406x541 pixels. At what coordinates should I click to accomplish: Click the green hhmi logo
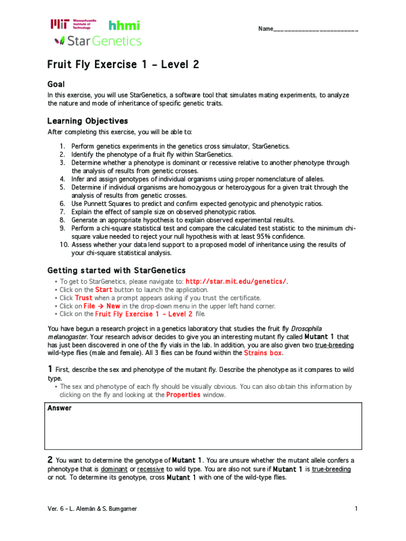tap(124, 25)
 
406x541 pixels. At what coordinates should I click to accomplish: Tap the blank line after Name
tap(316, 29)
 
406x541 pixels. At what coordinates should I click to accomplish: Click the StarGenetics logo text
tap(98, 41)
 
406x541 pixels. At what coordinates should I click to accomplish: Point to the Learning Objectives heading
tap(88, 121)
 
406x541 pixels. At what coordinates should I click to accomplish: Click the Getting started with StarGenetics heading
tap(117, 270)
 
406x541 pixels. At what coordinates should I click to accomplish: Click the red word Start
tap(103, 290)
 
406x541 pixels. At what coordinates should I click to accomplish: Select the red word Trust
tap(84, 297)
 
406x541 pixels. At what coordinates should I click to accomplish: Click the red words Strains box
tap(263, 352)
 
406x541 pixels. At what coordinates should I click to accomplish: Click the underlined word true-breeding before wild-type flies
tap(334, 344)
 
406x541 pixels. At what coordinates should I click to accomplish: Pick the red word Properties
tap(184, 394)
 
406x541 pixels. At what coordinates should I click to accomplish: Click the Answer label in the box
tap(60, 408)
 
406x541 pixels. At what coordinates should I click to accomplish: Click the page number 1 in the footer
tap(356, 509)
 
